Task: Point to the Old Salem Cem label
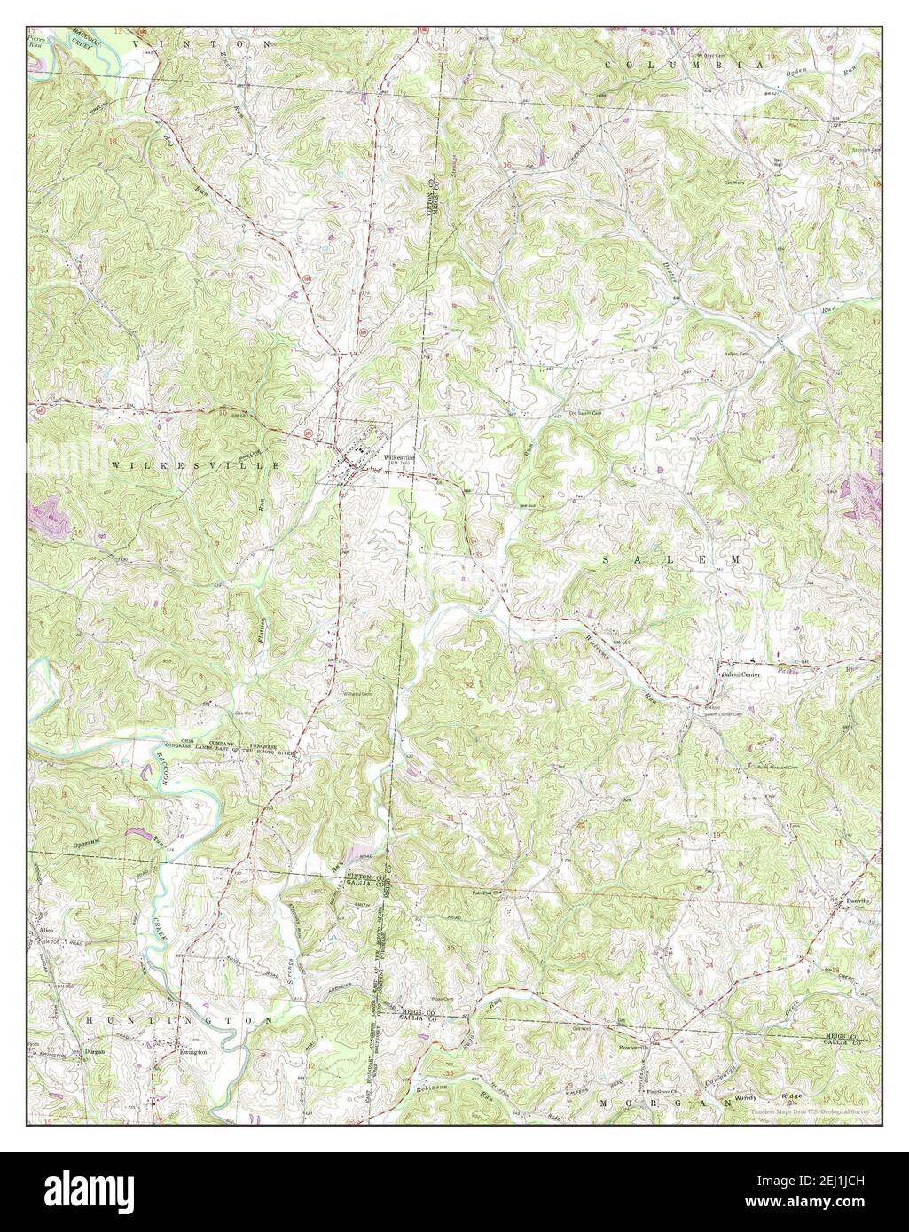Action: coord(584,412)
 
